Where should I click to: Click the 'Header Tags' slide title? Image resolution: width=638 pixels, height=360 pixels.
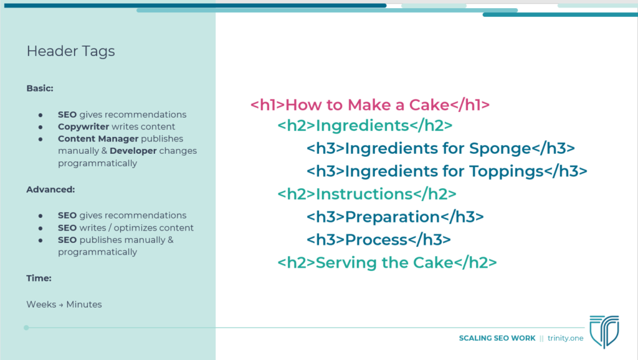[x=71, y=51]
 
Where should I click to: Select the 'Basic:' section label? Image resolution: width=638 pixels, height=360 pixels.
[x=40, y=88]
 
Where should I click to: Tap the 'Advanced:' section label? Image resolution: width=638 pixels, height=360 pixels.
[x=50, y=189]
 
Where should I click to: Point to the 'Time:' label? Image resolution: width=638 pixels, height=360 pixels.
[x=39, y=278]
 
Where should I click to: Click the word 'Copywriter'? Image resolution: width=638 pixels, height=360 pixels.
[x=83, y=127]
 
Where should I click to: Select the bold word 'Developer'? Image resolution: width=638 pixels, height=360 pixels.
[x=133, y=151]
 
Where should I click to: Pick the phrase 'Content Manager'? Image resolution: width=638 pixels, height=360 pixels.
[x=98, y=139]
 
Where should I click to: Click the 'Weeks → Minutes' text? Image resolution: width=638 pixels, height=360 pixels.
[x=64, y=305]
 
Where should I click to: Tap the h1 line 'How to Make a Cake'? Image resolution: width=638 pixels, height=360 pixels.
[x=370, y=105]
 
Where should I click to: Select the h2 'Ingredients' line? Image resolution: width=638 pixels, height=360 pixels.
[x=365, y=126]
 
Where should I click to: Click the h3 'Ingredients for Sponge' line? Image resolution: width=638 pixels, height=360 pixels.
[x=440, y=148]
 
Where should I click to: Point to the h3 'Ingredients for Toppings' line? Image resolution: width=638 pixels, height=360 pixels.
[x=447, y=171]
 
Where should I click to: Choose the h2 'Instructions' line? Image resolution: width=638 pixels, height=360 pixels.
[x=367, y=194]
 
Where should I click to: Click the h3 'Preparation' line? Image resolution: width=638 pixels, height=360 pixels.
[x=395, y=217]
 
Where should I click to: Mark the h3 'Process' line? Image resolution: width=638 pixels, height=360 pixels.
[x=378, y=240]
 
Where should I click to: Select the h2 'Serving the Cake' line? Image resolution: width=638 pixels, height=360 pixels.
[x=387, y=263]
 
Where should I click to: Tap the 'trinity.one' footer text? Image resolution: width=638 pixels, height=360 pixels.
[x=565, y=338]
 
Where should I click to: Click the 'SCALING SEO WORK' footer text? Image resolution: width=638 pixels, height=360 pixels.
[x=497, y=338]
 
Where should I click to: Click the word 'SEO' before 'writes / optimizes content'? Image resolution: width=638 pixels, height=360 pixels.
[x=67, y=228]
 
